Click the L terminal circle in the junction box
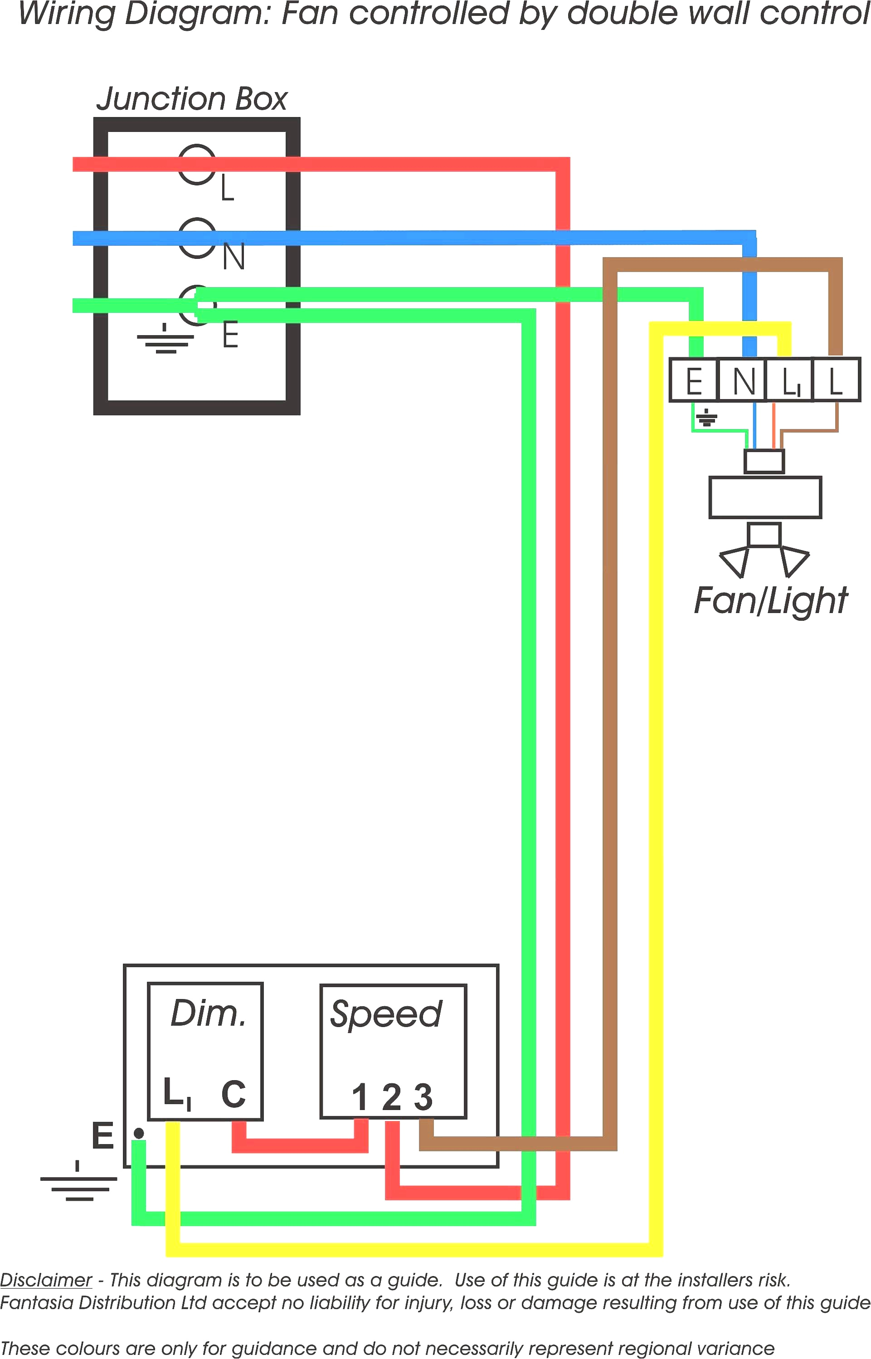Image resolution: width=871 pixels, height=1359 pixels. [x=197, y=164]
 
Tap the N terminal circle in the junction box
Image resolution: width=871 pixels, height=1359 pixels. [x=197, y=238]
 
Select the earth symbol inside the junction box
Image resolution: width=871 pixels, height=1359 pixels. [x=165, y=339]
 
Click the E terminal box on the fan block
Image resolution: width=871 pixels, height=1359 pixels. [x=693, y=380]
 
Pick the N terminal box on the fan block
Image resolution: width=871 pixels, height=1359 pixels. [x=743, y=380]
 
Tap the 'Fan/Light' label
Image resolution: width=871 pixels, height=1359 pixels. [x=770, y=601]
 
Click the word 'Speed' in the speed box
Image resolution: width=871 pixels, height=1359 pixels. [x=386, y=1014]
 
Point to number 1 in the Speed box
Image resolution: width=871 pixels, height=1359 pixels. [x=360, y=1097]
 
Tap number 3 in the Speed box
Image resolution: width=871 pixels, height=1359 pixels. [x=423, y=1097]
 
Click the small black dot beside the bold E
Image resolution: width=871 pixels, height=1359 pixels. [x=139, y=1133]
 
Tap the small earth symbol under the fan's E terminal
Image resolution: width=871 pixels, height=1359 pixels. [x=706, y=418]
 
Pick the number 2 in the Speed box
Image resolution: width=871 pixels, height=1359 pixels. [x=391, y=1097]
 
